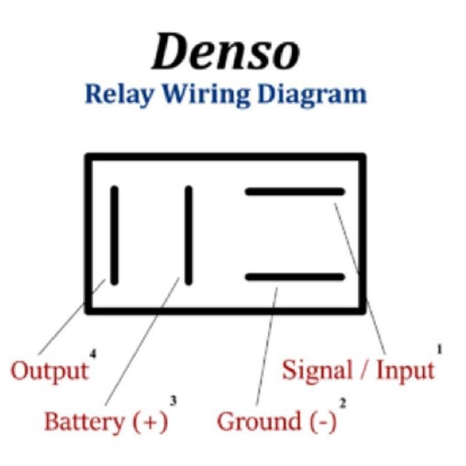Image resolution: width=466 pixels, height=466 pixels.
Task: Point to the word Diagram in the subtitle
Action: tap(312, 94)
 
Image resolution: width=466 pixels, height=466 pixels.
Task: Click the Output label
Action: tap(50, 370)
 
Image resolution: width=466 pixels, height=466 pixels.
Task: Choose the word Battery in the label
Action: tap(85, 421)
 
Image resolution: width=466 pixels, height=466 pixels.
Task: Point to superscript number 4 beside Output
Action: tap(93, 354)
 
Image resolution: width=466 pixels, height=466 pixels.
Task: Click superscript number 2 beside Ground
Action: tap(343, 404)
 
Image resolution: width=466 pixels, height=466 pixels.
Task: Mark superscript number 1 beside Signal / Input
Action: tap(439, 349)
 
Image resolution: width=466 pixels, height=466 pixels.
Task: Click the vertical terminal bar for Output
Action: tap(114, 235)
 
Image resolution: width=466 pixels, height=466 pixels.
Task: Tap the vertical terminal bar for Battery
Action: tap(188, 235)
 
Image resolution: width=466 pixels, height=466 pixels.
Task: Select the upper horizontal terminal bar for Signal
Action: tap(295, 192)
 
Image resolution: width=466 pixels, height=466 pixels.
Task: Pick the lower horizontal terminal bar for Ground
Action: tap(295, 277)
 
